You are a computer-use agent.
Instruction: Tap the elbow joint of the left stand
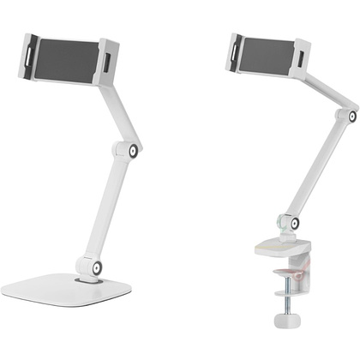click(x=135, y=151)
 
